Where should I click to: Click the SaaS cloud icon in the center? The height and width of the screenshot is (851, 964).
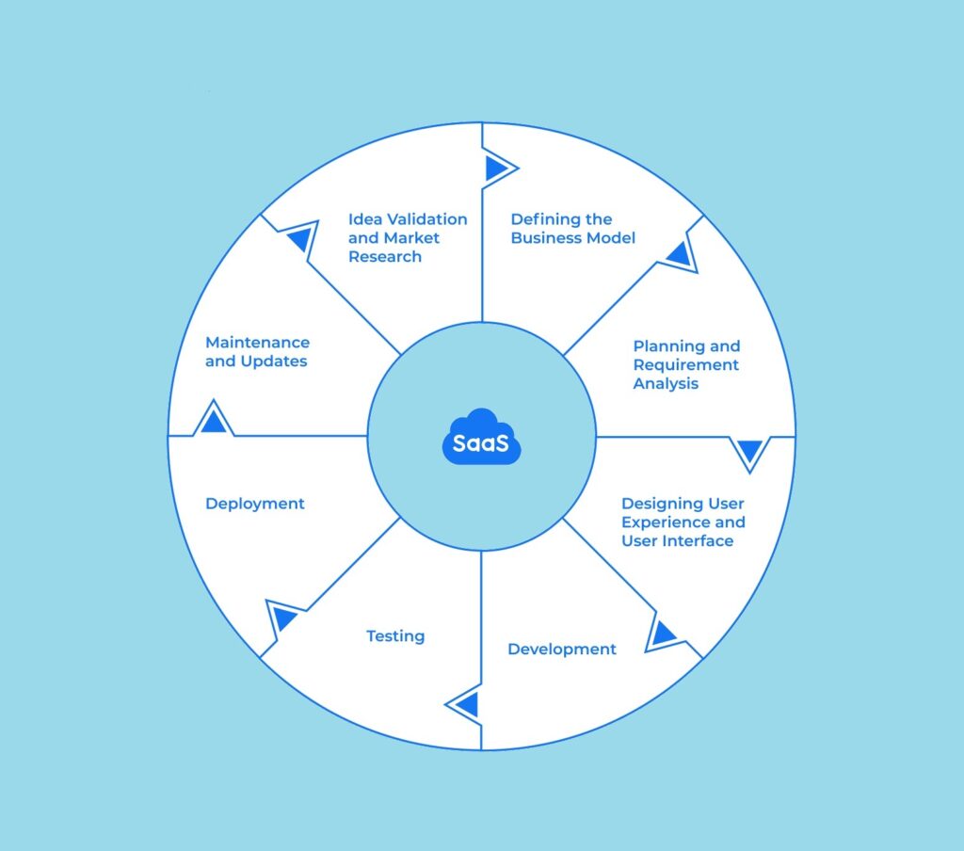[481, 437]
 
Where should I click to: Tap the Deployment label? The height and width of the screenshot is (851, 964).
[255, 504]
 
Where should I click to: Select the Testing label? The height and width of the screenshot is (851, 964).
[395, 636]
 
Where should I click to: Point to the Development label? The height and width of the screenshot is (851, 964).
[562, 650]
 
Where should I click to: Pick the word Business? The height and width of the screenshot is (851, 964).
[549, 238]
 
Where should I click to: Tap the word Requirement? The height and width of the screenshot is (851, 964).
[686, 365]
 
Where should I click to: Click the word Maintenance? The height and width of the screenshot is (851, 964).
[257, 343]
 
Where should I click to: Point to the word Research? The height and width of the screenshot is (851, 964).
[385, 257]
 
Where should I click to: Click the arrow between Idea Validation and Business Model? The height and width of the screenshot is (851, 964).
[495, 169]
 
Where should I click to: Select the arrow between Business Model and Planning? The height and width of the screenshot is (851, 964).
[678, 253]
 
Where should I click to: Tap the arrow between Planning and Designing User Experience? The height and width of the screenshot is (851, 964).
[749, 452]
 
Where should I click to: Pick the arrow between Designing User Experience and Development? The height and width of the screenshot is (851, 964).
[664, 634]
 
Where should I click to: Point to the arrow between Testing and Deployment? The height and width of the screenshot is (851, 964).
[284, 618]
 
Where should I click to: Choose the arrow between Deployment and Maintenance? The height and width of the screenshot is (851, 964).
[214, 420]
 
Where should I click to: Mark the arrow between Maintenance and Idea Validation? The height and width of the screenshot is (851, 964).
[299, 239]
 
